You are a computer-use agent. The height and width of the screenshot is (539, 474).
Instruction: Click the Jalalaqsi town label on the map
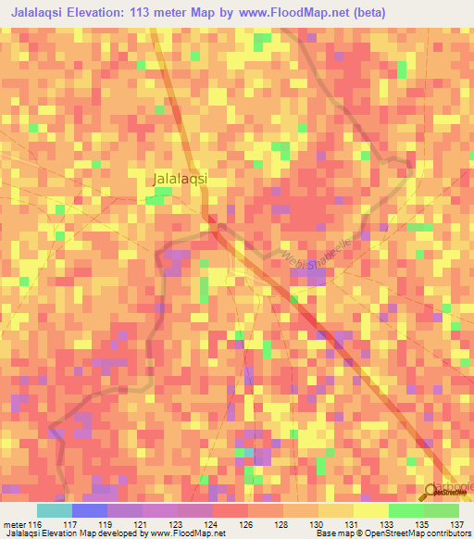[179, 180]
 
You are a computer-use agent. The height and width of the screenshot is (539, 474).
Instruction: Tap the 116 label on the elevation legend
[35, 523]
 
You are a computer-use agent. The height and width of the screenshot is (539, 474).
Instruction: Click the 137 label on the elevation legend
[454, 523]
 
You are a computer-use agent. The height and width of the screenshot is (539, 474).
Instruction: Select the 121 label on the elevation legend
[141, 523]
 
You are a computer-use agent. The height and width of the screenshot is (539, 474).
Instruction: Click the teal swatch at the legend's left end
[54, 510]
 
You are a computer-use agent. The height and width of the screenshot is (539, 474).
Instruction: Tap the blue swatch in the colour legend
[89, 510]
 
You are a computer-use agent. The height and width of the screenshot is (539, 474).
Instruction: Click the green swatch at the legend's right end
[441, 510]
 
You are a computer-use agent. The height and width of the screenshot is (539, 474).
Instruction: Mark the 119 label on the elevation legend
[106, 523]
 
